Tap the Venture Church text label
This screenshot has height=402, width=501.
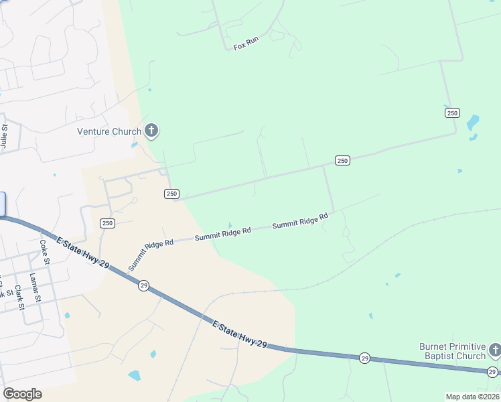[x=109, y=131]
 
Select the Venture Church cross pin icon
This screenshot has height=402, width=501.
[x=151, y=130]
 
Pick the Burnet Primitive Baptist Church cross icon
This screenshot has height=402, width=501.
[x=494, y=350]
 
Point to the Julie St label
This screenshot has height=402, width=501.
[x=5, y=136]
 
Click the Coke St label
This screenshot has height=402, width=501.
[x=45, y=251]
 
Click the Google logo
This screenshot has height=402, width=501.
[x=22, y=394]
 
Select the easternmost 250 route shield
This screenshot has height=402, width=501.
[x=452, y=113]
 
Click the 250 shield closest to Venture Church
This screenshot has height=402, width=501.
[x=171, y=194]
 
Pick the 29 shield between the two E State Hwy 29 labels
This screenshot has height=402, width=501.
[x=144, y=285]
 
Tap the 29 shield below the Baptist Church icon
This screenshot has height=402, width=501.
[x=492, y=372]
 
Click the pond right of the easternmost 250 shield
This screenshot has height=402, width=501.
[x=473, y=123]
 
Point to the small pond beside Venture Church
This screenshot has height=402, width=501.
[x=135, y=143]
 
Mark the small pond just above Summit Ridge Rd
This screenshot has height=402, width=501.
[x=230, y=225]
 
